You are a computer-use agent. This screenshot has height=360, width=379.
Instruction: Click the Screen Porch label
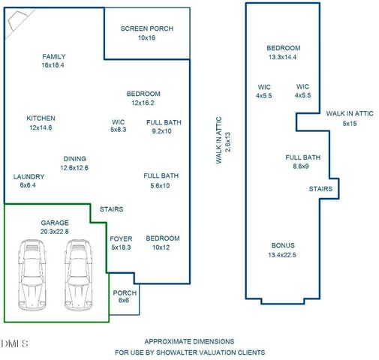pyautogui.click(x=146, y=29)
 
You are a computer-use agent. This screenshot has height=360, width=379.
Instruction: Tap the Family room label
pyautogui.click(x=54, y=57)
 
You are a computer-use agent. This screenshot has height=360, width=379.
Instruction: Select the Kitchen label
pyautogui.click(x=41, y=118)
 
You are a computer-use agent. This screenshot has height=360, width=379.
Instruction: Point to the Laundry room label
pyautogui.click(x=29, y=177)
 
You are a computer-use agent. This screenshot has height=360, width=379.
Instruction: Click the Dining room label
pyautogui.click(x=74, y=159)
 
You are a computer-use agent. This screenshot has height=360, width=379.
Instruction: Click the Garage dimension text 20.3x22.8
pyautogui.click(x=54, y=232)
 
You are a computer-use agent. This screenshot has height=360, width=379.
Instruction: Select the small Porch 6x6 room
pyautogui.click(x=123, y=297)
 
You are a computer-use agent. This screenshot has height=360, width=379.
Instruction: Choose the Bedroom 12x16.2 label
pyautogui.click(x=143, y=94)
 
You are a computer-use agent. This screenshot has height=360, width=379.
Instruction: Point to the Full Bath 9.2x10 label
pyautogui.click(x=164, y=122)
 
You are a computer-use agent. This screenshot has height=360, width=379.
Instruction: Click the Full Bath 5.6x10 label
pyautogui.click(x=161, y=176)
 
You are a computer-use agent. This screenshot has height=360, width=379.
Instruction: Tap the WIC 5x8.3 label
pyautogui.click(x=118, y=122)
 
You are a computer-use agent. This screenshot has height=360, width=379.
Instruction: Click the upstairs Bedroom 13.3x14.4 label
pyautogui.click(x=282, y=48)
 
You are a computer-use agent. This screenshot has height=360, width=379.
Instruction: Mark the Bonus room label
pyautogui.click(x=282, y=245)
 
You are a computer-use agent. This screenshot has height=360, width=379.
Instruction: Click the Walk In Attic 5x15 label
pyautogui.click(x=349, y=113)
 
